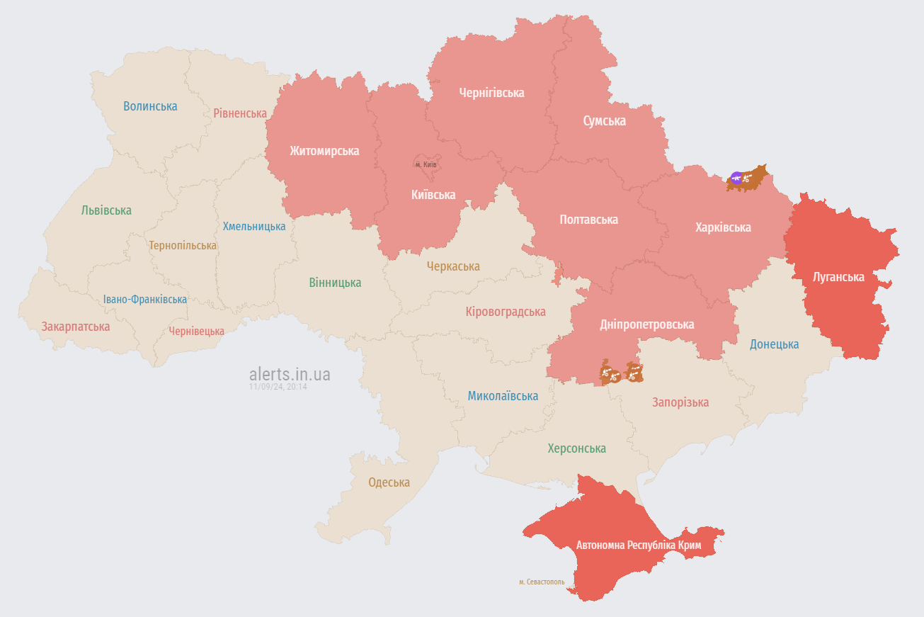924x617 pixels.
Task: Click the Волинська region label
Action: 150,106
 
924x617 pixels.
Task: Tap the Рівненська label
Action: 240,113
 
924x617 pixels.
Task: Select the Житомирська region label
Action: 324,151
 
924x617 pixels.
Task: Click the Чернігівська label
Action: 491,93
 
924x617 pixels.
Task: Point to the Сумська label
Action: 604,121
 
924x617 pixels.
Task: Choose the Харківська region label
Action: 723,227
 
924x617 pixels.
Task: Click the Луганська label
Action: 838,277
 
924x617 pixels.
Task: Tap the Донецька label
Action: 775,344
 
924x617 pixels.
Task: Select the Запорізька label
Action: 680,402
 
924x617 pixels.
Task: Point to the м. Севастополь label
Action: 542,582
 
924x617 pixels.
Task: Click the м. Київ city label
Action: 426,164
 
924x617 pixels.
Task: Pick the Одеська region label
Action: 389,482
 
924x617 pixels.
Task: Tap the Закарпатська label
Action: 75,327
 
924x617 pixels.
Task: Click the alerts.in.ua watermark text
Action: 290,374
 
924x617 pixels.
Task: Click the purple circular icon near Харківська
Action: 736,178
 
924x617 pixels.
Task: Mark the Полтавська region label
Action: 588,220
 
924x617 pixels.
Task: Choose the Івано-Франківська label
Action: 145,299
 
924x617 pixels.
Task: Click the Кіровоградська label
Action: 506,312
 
